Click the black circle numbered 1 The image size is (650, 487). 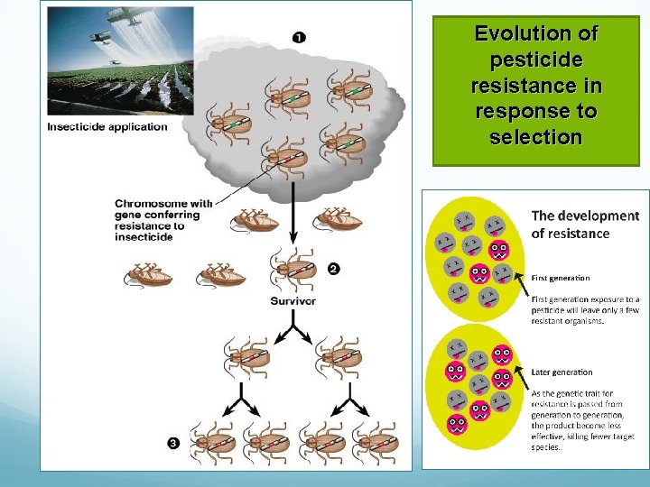[x=299, y=37]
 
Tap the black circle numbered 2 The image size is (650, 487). [x=334, y=269]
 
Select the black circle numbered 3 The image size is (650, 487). [x=173, y=442]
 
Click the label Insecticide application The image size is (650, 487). [x=107, y=126]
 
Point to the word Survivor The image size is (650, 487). [x=293, y=300]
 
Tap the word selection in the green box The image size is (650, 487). [x=535, y=137]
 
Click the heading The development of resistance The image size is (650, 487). [x=584, y=224]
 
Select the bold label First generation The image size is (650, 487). [x=561, y=278]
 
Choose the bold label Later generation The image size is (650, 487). [x=562, y=372]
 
